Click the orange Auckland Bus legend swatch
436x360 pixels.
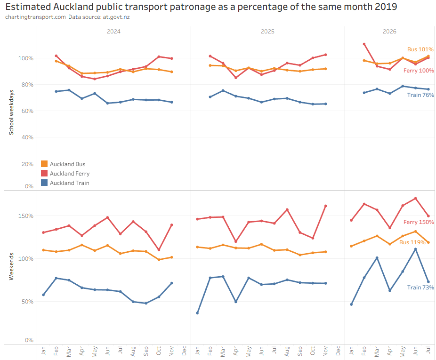click(44, 164)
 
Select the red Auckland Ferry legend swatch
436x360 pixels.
click(44, 173)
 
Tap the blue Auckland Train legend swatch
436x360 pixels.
click(44, 183)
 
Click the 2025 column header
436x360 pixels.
click(267, 32)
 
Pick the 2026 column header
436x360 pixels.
click(389, 32)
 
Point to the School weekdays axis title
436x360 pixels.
click(11, 112)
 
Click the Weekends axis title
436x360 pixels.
click(11, 266)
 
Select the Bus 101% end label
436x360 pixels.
click(420, 49)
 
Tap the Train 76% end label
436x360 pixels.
click(420, 95)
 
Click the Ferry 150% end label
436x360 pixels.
click(419, 222)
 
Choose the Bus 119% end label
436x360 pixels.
click(412, 242)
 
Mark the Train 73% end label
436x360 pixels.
click(420, 288)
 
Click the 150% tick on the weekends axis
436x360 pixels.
click(26, 216)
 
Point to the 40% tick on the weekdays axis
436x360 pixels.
click(27, 137)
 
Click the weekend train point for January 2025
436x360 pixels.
click(197, 313)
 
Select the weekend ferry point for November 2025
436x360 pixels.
click(326, 206)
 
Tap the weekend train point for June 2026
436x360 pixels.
click(415, 249)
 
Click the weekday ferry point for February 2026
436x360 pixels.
click(364, 44)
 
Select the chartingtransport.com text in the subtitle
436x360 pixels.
click(35, 17)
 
